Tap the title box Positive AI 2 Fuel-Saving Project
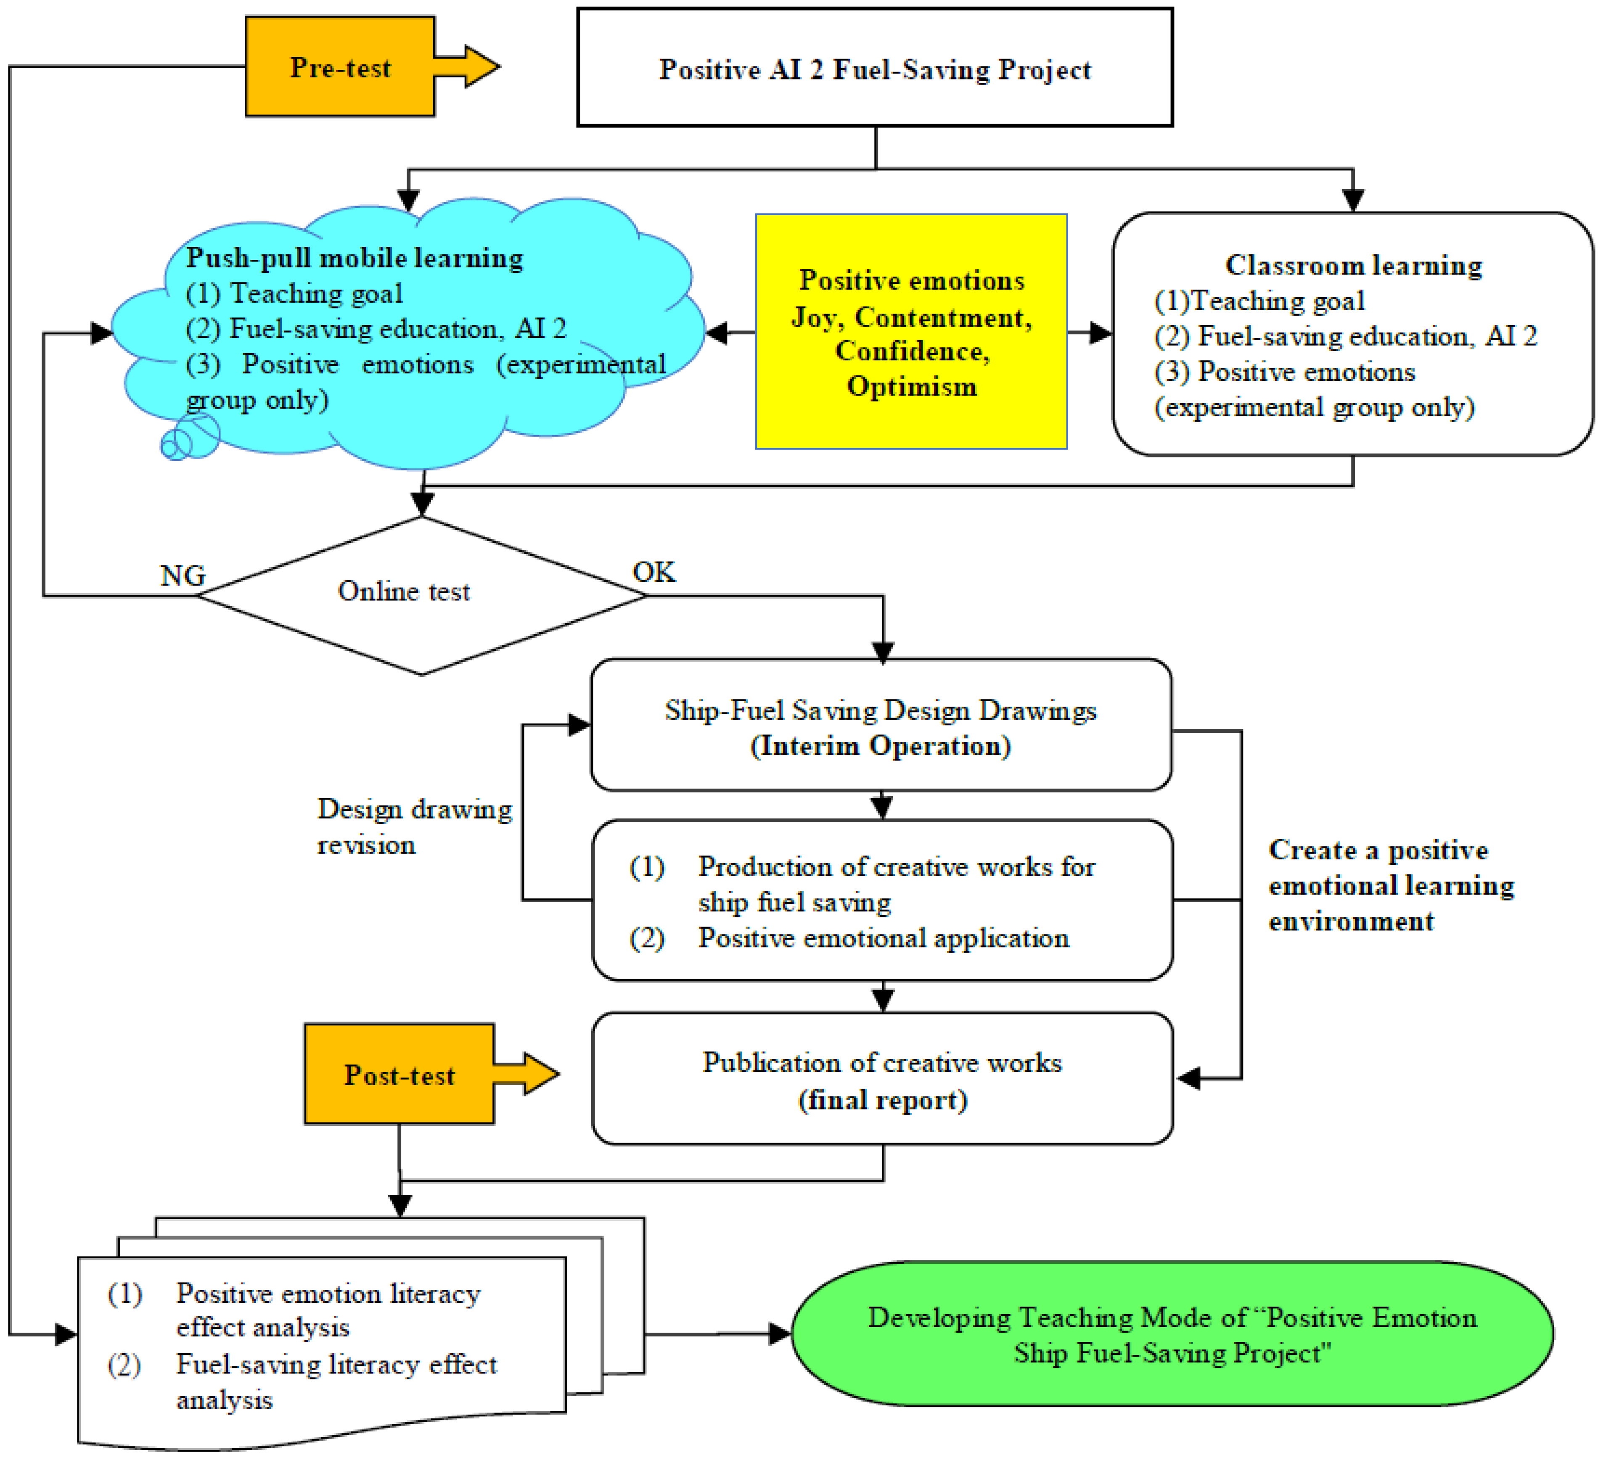tap(875, 69)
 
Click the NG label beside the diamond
tap(183, 575)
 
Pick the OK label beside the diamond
tap(653, 572)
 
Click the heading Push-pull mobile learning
tap(355, 258)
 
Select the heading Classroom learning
tap(1353, 264)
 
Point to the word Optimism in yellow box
tap(911, 386)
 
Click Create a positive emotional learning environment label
tap(1390, 885)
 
